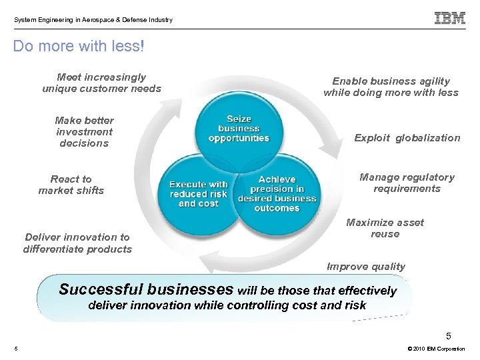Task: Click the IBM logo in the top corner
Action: tap(450, 19)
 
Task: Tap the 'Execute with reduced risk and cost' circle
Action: tap(198, 194)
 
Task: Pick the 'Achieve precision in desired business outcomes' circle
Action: tap(277, 194)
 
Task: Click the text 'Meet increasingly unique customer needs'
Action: tap(101, 83)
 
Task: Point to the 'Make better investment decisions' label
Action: tap(84, 131)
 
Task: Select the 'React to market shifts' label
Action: tap(71, 185)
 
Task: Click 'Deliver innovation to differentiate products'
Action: tap(77, 243)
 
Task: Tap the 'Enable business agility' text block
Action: tap(391, 87)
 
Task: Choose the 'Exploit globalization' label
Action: tap(407, 138)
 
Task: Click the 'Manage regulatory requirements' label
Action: tap(407, 183)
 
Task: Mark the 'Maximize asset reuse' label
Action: tap(385, 228)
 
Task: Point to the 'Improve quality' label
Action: tap(365, 267)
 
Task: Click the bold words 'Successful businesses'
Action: tap(146, 289)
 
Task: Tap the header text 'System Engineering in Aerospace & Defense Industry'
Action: tap(93, 20)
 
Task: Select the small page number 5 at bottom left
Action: tap(15, 349)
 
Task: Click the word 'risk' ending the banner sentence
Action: tap(355, 305)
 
